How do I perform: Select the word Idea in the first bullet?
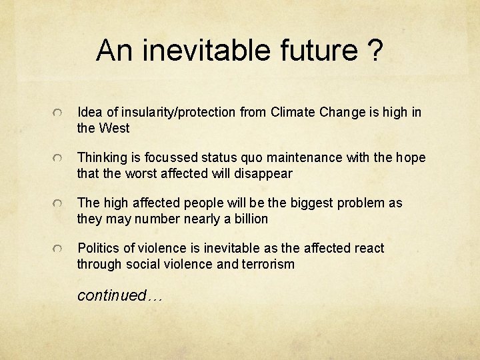(x=90, y=112)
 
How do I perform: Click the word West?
(x=115, y=128)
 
